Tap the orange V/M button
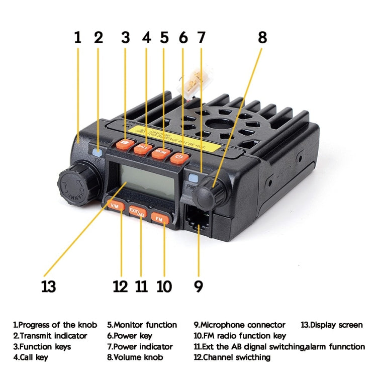coord(117,205)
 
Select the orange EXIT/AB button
coord(137,211)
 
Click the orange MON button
coord(160,152)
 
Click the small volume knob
coord(208,191)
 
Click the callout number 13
coord(48,287)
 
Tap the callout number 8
coord(262,38)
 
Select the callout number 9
coord(199,287)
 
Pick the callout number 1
coord(78,38)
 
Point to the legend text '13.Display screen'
coord(331,325)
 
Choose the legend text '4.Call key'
coord(31,357)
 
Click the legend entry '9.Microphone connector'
coord(239,325)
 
